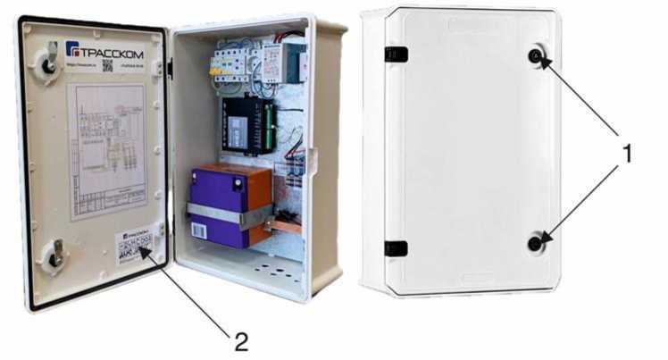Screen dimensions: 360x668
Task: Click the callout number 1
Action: coord(627,153)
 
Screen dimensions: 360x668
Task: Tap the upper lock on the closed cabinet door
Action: coord(534,57)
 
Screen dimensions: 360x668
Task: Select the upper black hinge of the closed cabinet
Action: coord(396,54)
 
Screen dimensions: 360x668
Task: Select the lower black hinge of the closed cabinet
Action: coord(396,247)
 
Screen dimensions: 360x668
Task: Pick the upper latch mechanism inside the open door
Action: coord(46,61)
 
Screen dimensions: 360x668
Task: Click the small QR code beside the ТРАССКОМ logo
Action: coord(106,65)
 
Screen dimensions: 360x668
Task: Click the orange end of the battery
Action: coord(259,201)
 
